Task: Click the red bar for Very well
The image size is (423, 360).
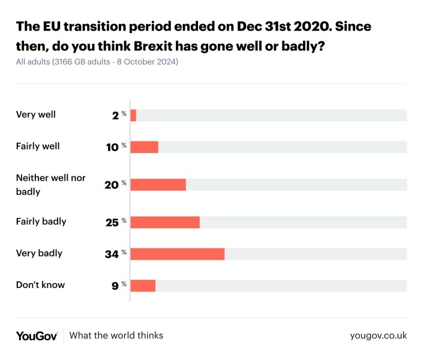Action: [x=133, y=115]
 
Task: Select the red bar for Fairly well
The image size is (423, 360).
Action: [x=144, y=147]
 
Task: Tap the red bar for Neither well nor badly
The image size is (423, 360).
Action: [x=158, y=185]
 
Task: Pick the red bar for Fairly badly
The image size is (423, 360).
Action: [x=165, y=222]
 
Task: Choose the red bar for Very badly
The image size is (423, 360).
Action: [x=177, y=254]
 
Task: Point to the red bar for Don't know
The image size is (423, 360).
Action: [x=143, y=286]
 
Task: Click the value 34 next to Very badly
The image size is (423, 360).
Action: [x=112, y=254]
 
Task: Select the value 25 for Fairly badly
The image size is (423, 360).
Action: [x=112, y=222]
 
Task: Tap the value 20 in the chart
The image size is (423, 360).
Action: [x=112, y=185]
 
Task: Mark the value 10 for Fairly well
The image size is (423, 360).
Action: [x=112, y=147]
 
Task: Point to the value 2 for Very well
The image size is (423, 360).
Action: [x=115, y=115]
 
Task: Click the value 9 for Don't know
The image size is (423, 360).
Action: [x=115, y=286]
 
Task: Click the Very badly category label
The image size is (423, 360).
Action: [x=39, y=253]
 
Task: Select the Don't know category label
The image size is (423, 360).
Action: [x=40, y=284]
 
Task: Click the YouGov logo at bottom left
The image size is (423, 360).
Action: [x=37, y=335]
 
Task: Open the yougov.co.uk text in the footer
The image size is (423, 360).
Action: [x=378, y=335]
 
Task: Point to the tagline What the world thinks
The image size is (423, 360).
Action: [x=116, y=335]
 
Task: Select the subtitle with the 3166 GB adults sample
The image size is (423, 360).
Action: [x=97, y=62]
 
